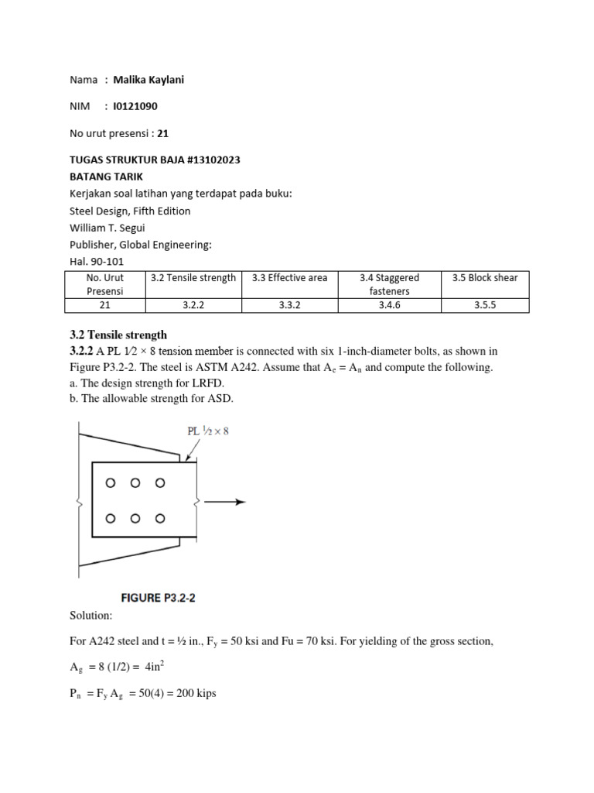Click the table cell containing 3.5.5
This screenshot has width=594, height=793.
(x=486, y=305)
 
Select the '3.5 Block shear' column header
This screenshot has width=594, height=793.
(x=486, y=277)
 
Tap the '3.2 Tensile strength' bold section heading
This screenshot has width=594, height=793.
(x=118, y=335)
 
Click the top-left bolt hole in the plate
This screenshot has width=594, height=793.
(x=111, y=483)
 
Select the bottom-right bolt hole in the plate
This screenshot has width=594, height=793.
(x=160, y=519)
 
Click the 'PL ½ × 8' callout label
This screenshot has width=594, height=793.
(x=204, y=431)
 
